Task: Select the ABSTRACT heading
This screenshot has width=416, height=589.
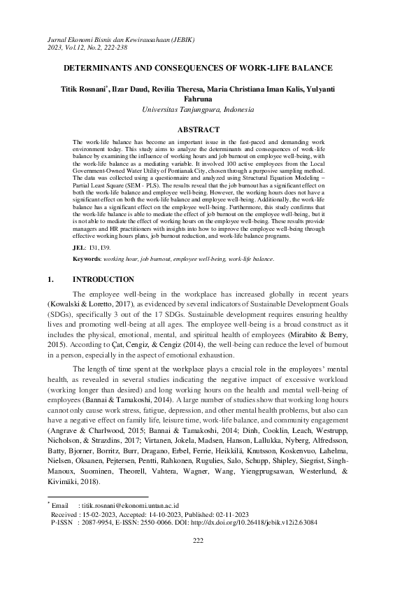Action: (199, 129)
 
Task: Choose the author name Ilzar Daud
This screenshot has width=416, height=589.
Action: (145, 90)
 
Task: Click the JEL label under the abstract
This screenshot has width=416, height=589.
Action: (79, 247)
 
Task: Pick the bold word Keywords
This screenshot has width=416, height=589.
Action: (87, 259)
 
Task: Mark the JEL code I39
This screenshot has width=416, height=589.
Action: (103, 247)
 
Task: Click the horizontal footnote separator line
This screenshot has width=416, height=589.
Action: (98, 496)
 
